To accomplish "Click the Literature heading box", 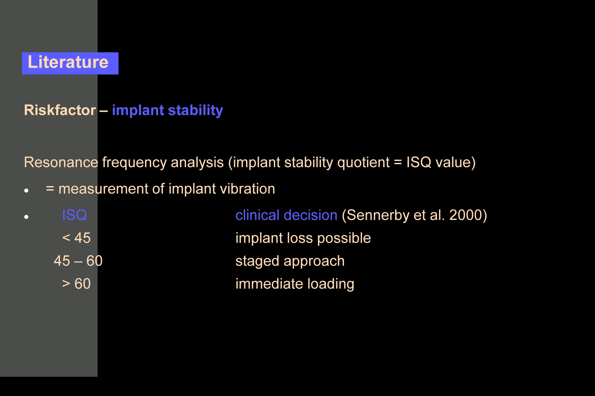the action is pyautogui.click(x=70, y=63).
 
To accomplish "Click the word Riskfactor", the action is pyautogui.click(x=60, y=110).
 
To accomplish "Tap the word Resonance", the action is pyautogui.click(x=61, y=162).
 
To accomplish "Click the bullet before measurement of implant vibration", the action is pyautogui.click(x=26, y=191).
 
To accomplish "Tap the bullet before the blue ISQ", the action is pyautogui.click(x=26, y=217).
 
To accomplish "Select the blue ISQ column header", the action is pyautogui.click(x=74, y=215).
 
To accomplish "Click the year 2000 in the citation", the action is pyautogui.click(x=465, y=215).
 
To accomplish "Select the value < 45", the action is pyautogui.click(x=76, y=238).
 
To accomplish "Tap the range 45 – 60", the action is pyautogui.click(x=78, y=261).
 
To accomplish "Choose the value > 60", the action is pyautogui.click(x=76, y=284).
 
